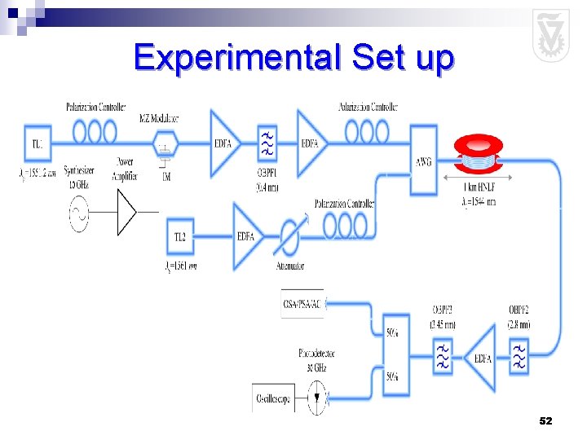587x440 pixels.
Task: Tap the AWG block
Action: pyautogui.click(x=423, y=161)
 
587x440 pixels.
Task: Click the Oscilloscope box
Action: pyautogui.click(x=273, y=400)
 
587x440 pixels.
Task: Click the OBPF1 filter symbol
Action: pyautogui.click(x=267, y=144)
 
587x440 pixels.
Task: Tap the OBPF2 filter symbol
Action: pyautogui.click(x=519, y=357)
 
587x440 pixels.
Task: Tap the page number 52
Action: pyautogui.click(x=545, y=420)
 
